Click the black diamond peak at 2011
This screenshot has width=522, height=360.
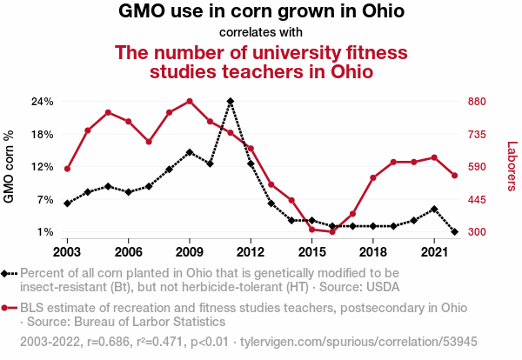231,101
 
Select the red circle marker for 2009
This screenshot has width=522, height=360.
190,101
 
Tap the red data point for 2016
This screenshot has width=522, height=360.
332,231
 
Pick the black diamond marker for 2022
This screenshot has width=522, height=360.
455,231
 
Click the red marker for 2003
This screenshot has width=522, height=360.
67,169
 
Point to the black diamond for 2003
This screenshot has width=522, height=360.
67,203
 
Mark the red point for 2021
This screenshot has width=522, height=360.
434,157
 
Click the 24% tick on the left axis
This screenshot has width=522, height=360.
43,102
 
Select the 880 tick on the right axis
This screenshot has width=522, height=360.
477,102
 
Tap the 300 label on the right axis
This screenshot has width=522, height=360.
477,232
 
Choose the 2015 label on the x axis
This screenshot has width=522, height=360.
312,252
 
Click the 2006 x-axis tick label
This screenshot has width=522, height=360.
128,252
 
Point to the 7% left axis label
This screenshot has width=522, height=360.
45,200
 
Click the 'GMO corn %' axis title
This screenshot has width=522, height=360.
9,166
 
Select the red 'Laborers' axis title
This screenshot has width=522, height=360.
512,166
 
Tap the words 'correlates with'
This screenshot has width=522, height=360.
261,32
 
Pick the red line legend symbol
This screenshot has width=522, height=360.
9,308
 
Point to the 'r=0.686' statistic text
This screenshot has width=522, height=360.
108,342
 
